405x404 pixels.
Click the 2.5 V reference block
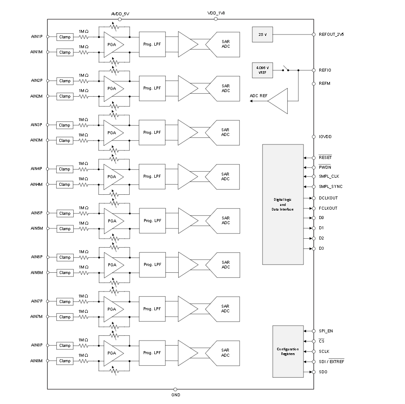coord(262,35)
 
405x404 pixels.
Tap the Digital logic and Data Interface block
coord(283,204)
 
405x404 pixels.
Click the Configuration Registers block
coord(288,351)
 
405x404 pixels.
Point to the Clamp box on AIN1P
coord(65,37)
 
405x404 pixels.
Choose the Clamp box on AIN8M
coord(65,361)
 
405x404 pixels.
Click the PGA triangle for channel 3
coord(112,133)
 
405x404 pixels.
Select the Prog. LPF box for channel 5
coord(152,221)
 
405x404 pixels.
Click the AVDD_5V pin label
coord(120,14)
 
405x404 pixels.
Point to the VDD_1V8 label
coord(216,13)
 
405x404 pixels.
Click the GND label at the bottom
coord(176,395)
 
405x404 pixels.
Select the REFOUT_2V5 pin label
coord(331,35)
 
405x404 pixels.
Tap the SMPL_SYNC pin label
coord(330,187)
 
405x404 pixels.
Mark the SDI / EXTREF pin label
coord(331,362)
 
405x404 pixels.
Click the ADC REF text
coord(258,96)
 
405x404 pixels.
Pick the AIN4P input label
coord(36,169)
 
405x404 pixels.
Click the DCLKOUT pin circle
coord(314,198)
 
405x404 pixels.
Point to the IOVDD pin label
coord(325,137)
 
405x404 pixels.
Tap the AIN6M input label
coord(36,273)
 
